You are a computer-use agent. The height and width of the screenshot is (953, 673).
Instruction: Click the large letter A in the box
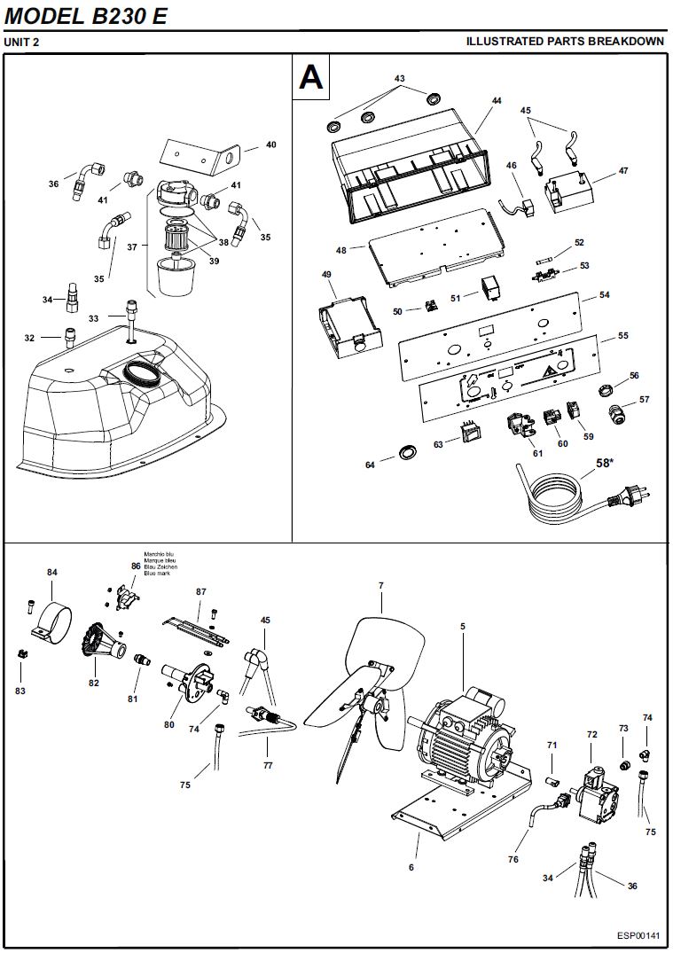311,77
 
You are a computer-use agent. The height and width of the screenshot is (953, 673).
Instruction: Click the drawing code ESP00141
638,935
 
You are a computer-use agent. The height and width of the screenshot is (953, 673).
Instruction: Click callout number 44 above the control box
497,101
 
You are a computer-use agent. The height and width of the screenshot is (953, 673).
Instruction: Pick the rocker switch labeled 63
468,432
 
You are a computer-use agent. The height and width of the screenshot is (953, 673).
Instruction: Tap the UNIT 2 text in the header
22,42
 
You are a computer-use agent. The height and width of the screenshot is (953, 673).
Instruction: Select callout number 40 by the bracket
271,145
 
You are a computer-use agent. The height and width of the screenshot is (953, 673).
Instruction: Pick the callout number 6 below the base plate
411,868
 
